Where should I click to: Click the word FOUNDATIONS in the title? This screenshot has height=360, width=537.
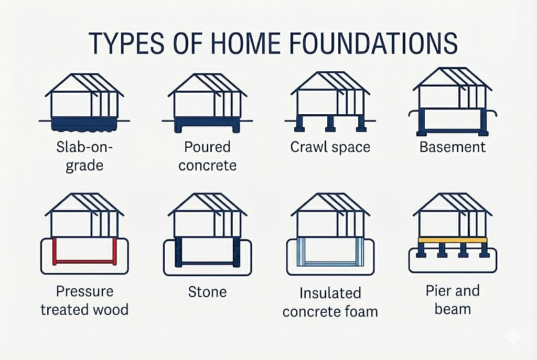[x=365, y=43]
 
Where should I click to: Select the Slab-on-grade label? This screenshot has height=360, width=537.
[x=84, y=157]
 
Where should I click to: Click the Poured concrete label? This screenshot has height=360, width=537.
[x=207, y=156]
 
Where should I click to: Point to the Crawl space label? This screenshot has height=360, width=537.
[x=330, y=147]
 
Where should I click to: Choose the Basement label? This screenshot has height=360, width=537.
[x=453, y=147]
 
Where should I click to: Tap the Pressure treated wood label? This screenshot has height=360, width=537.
[x=84, y=300]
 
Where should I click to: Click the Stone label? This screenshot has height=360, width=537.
[x=207, y=291]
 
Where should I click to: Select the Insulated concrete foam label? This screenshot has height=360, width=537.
[x=330, y=301]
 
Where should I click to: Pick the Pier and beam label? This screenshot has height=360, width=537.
[x=453, y=300]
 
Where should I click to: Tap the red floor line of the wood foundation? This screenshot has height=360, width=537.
[x=84, y=261]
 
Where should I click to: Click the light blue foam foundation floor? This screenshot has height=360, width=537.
[x=330, y=261]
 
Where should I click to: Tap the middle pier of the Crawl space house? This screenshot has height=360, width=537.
[x=330, y=124]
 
